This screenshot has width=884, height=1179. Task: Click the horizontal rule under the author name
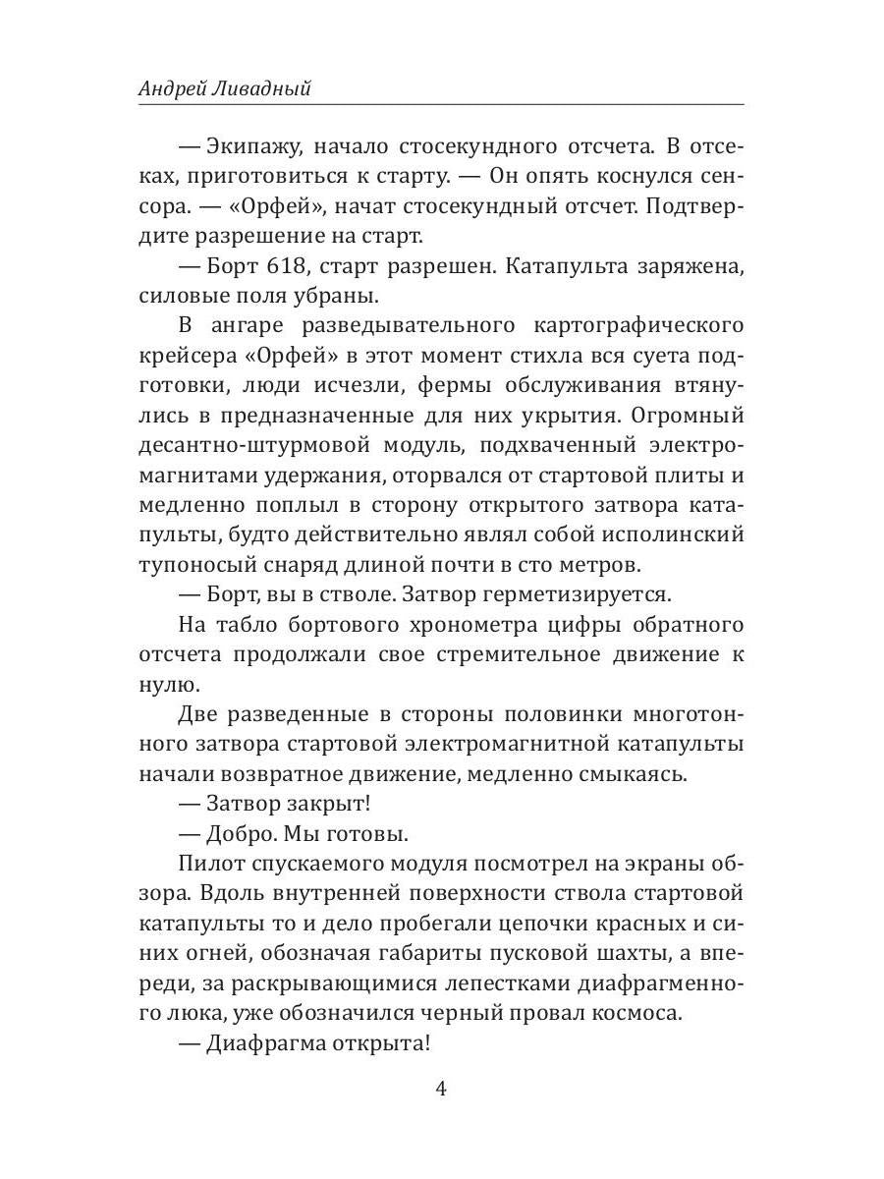click(441, 105)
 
